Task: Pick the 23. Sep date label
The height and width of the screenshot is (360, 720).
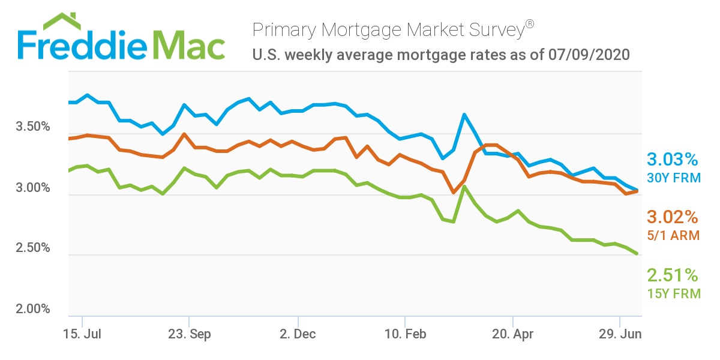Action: (189, 335)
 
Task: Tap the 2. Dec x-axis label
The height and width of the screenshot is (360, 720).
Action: (297, 335)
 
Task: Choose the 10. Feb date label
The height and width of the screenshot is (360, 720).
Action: (406, 335)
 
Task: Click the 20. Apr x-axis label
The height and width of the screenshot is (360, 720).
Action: (512, 335)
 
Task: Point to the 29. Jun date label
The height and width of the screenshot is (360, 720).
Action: (620, 335)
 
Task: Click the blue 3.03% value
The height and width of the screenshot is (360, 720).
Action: (672, 160)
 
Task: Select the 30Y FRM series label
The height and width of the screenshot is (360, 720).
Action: (672, 178)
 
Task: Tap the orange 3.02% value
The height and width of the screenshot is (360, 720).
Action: (672, 217)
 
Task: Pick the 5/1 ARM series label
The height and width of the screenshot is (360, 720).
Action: (672, 235)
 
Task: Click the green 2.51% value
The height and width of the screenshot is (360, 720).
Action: (672, 275)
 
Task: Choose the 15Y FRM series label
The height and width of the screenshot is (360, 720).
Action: (672, 293)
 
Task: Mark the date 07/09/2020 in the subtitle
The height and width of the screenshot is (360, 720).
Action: (589, 55)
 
